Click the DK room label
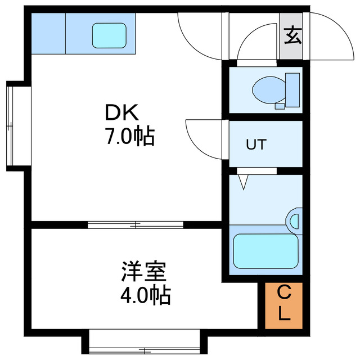122,112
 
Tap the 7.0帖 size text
130,136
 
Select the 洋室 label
144,271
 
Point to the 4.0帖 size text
146,295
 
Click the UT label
256,144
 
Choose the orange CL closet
283,305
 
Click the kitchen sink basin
109,35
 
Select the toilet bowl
269,90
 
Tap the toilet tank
292,90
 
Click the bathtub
266,251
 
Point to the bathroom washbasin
294,221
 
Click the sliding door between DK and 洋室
136,225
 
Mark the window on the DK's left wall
10,126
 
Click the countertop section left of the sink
48,34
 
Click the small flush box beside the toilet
280,106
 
